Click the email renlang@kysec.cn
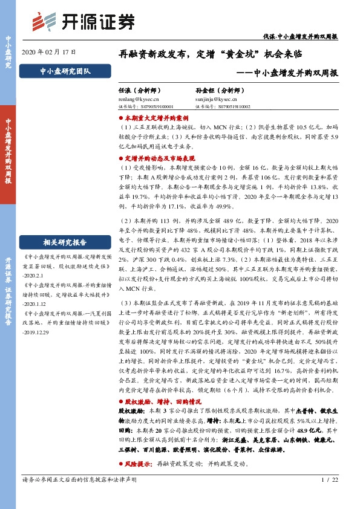pyautogui.click(x=139, y=97)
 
